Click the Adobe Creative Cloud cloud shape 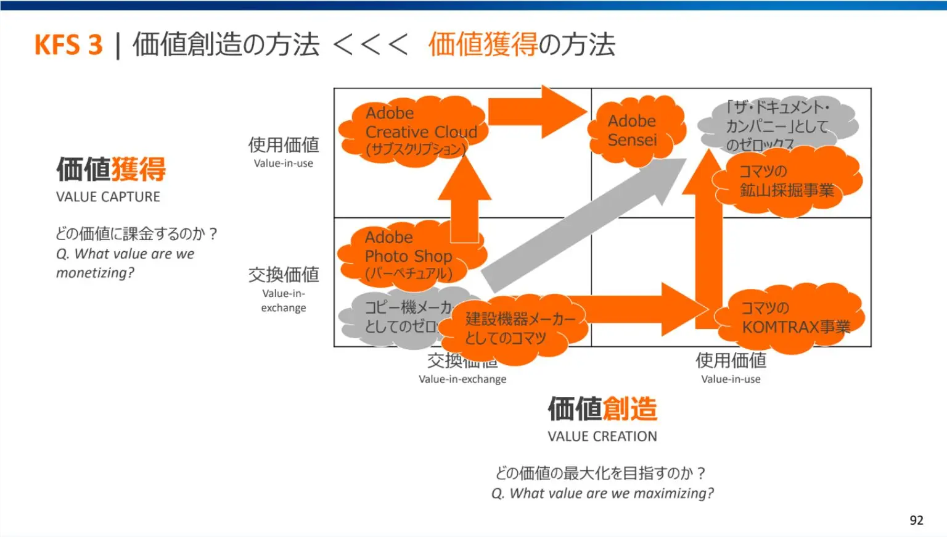pos(413,131)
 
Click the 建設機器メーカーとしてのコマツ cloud pos(515,328)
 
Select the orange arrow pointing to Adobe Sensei pos(536,112)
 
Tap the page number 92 pos(916,520)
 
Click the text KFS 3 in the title pos(68,45)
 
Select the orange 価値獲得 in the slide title pos(483,44)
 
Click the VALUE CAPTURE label pos(108,197)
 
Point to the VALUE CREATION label pos(602,436)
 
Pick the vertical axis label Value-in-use pos(283,164)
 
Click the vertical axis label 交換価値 pos(284,274)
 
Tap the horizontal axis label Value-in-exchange pos(462,379)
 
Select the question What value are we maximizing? pos(602,493)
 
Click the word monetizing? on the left pos(95,273)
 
